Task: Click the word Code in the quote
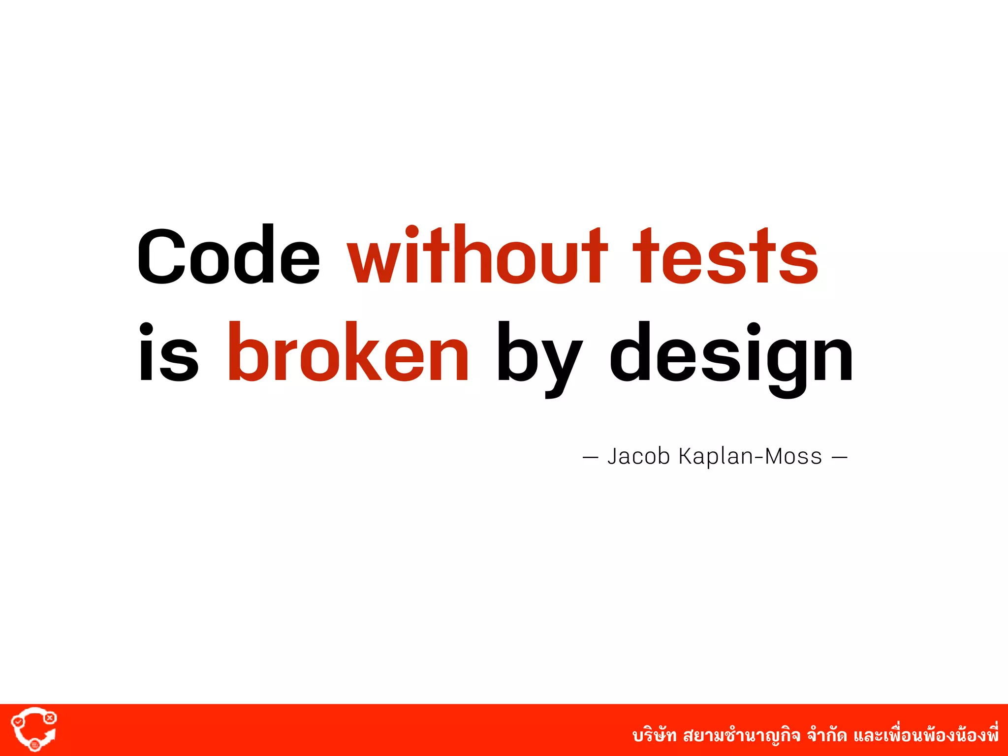coord(228,256)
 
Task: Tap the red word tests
coord(725,257)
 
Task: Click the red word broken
coord(348,352)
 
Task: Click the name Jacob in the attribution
coord(639,457)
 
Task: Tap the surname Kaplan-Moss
coord(750,457)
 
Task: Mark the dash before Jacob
coord(590,458)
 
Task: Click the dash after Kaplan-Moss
coord(839,458)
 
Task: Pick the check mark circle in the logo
coord(18,722)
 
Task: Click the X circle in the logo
coord(50,718)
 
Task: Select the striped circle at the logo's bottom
coord(34,745)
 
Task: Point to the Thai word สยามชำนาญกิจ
coord(741,736)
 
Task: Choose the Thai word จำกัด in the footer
coord(827,736)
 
